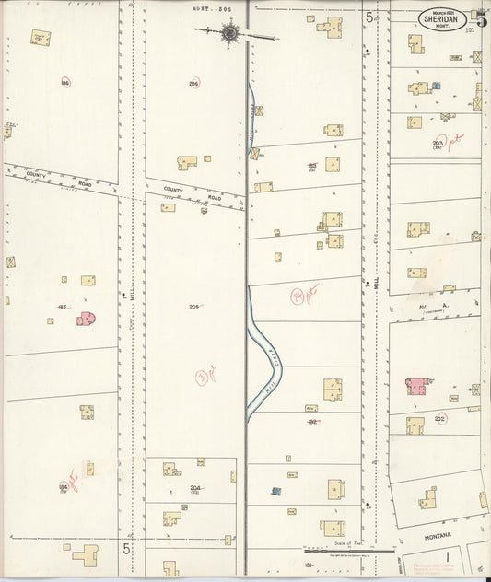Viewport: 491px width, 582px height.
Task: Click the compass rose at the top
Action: click(228, 34)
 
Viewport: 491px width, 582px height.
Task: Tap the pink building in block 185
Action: click(87, 319)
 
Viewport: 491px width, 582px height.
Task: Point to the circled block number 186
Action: click(65, 82)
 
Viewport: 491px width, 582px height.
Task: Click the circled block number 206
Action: click(193, 83)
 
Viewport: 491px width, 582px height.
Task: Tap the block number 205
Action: click(193, 307)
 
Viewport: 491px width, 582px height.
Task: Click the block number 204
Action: click(194, 488)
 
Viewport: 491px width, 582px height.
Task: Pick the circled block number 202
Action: click(440, 419)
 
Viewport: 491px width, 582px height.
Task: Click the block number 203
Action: click(438, 144)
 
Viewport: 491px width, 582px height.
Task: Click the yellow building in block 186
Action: click(40, 38)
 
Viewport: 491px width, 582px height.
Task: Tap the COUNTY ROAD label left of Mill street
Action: click(36, 174)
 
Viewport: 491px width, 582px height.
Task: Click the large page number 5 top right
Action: click(481, 16)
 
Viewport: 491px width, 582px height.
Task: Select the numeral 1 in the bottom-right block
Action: click(447, 556)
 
